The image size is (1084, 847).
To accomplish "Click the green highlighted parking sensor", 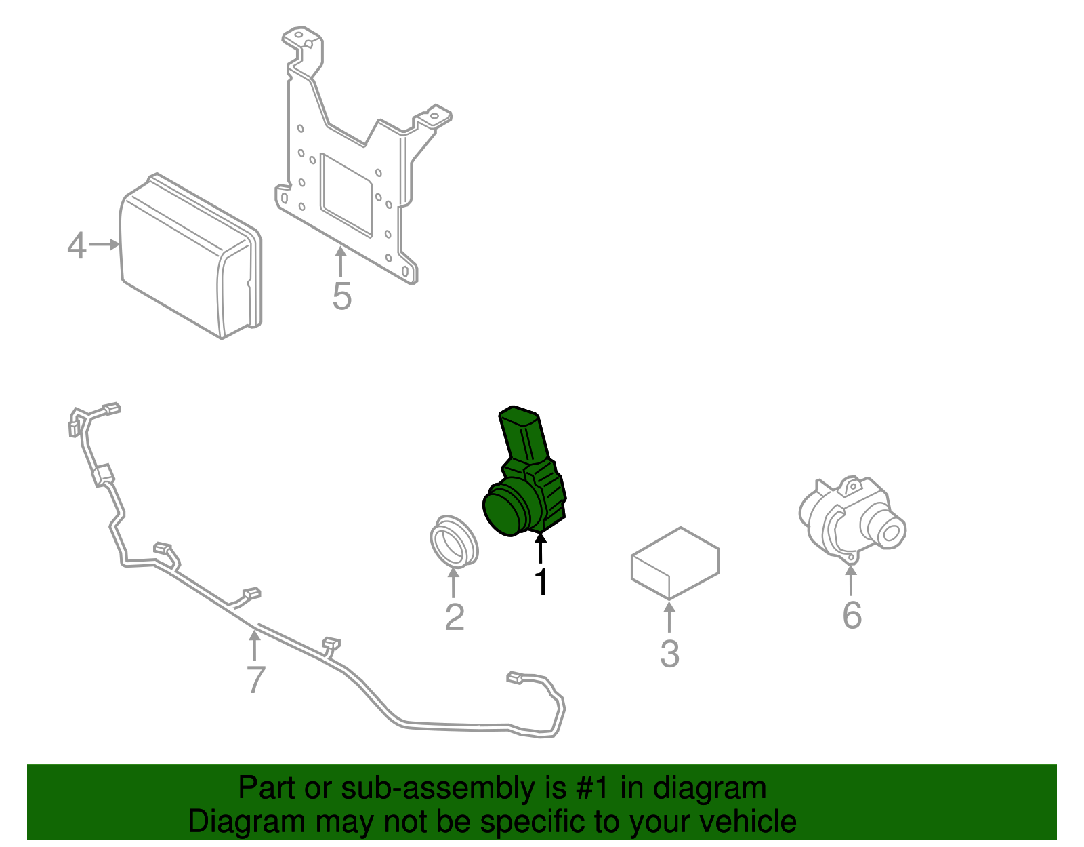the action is [524, 479].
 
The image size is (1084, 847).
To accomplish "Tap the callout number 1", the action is [542, 581].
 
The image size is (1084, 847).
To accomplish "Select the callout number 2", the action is [455, 617].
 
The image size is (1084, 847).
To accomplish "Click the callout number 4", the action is [77, 245].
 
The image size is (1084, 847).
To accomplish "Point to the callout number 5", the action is [342, 296].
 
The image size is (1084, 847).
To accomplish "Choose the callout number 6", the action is [852, 615].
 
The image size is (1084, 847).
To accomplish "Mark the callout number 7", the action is [255, 679].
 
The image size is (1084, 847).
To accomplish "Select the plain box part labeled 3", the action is [675, 562].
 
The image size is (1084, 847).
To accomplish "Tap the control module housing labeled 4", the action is [190, 256].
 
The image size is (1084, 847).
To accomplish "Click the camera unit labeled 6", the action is [852, 520].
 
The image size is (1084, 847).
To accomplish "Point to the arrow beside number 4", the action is [105, 245].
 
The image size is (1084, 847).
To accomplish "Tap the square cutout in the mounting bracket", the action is [346, 194].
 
